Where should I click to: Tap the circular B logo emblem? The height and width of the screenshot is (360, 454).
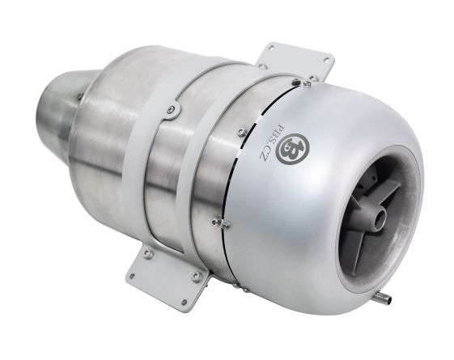click(292, 149)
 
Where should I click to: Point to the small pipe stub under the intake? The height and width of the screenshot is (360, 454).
click(383, 296)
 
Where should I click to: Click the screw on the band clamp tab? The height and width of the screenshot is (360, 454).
click(172, 109)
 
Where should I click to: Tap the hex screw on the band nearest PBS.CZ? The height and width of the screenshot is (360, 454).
click(242, 132)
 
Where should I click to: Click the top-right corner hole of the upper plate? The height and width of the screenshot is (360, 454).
click(327, 60)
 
